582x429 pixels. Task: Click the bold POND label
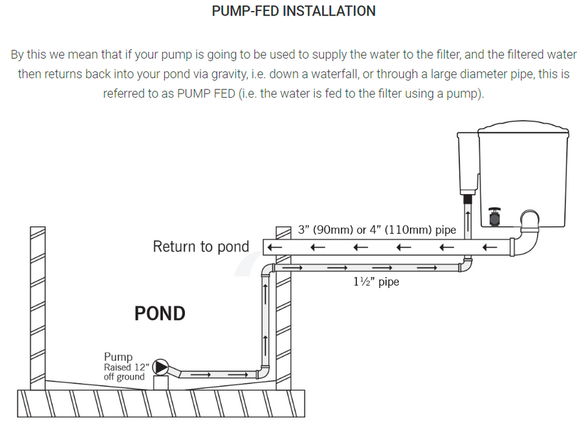coord(160,313)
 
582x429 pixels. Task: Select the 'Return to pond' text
coord(200,247)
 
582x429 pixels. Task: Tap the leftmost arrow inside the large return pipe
coord(274,247)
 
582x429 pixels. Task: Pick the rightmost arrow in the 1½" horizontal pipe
coord(427,267)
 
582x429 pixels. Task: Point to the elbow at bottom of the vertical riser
coord(263,373)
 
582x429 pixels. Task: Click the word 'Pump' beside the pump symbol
coord(118,357)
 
